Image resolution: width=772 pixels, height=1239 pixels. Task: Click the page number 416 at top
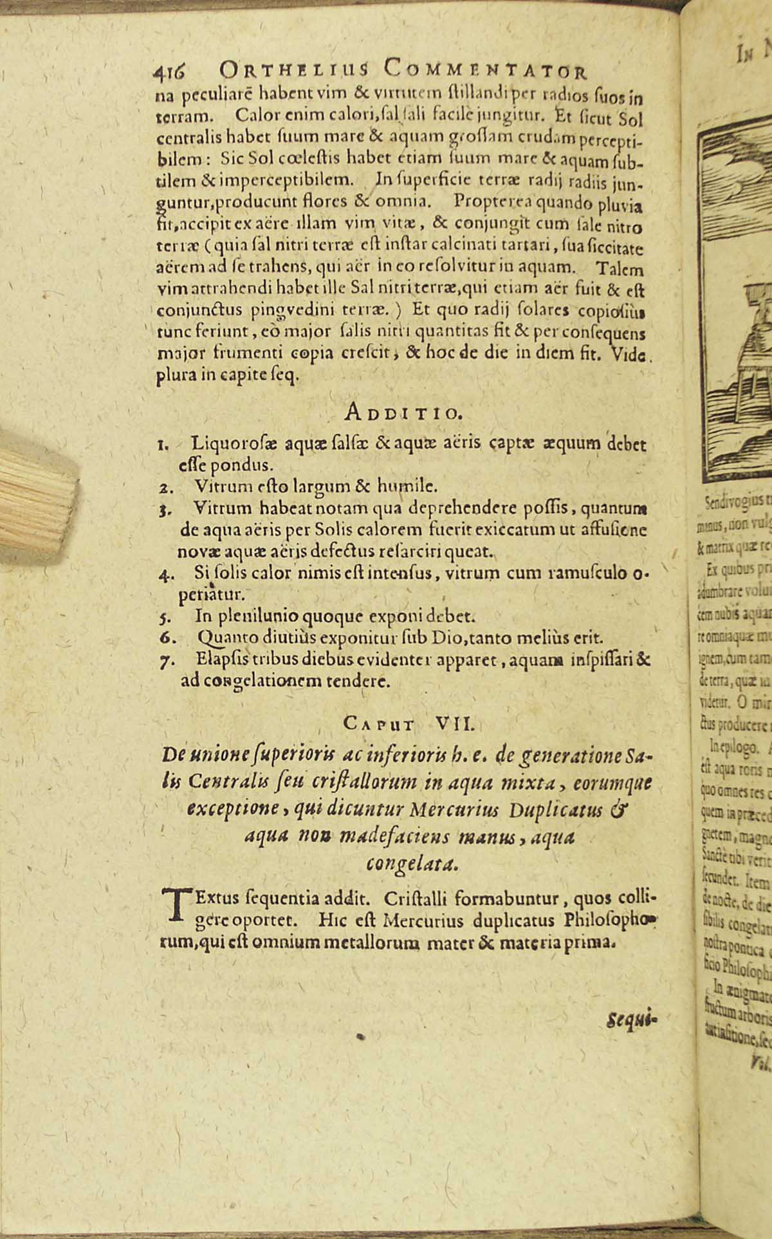[170, 70]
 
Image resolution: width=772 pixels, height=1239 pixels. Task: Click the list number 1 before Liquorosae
[164, 445]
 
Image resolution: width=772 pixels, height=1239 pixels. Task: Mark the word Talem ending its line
[618, 268]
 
